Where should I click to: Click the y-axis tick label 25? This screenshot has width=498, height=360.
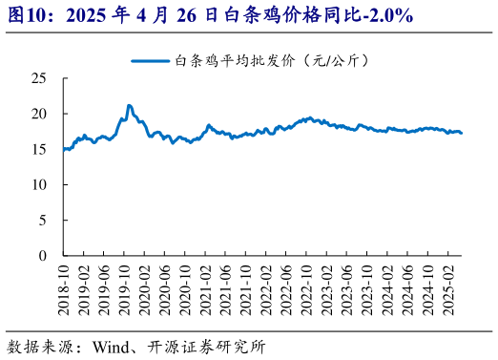point(39,77)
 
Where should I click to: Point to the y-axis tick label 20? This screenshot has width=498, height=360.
point(39,113)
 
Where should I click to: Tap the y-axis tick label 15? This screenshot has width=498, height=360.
point(39,149)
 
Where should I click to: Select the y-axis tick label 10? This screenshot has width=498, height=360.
point(39,184)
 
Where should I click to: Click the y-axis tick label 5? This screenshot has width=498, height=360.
point(43,220)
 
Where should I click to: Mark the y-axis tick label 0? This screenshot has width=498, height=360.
point(43,256)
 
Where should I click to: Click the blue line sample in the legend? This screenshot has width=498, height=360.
point(150,59)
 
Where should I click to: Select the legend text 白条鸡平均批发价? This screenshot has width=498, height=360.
point(233,59)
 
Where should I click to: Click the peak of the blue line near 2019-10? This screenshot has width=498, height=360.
point(129,105)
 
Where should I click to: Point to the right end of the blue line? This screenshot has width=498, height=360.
point(462,133)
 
